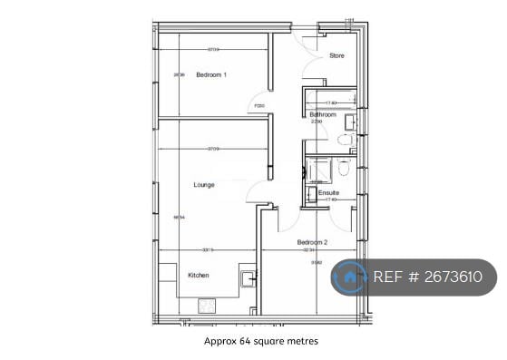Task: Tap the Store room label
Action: [x=336, y=56]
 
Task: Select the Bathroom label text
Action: [x=323, y=115]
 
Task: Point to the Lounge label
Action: [x=204, y=185]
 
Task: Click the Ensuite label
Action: [x=328, y=192]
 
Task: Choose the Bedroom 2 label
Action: [x=312, y=242]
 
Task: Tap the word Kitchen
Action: [x=200, y=275]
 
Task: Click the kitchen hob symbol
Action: [x=207, y=305]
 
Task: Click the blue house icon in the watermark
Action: [x=349, y=277]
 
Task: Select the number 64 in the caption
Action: [x=241, y=342]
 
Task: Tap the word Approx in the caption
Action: [x=218, y=342]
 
